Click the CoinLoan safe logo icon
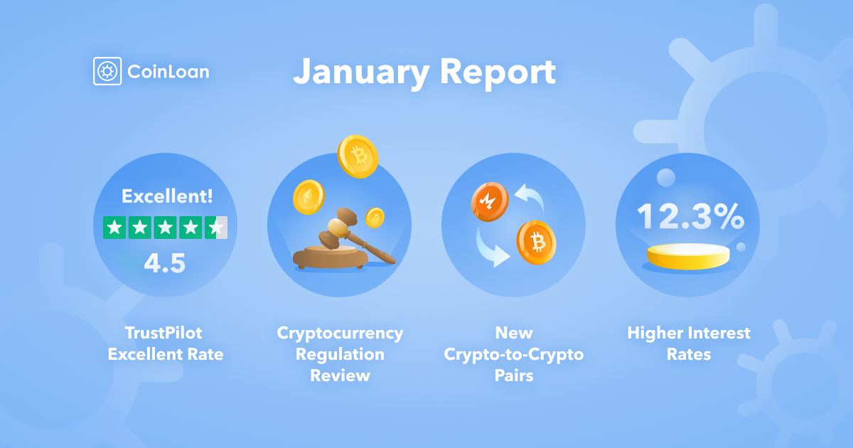tap(107, 71)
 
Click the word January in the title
tap(361, 73)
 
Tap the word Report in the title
tap(498, 73)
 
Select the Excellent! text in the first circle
tap(167, 196)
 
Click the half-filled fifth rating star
tap(216, 228)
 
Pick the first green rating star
tap(114, 228)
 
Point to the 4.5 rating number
tap(164, 263)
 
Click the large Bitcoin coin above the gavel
tap(358, 156)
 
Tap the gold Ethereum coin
tap(309, 197)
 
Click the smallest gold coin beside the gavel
tap(375, 218)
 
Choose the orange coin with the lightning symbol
tap(490, 201)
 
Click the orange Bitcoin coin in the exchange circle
tap(536, 242)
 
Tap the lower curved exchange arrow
tap(489, 250)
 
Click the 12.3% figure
tap(690, 216)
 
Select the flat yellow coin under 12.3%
tap(689, 257)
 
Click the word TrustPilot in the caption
tap(163, 333)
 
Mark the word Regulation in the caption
tap(340, 355)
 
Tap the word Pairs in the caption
tap(514, 375)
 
